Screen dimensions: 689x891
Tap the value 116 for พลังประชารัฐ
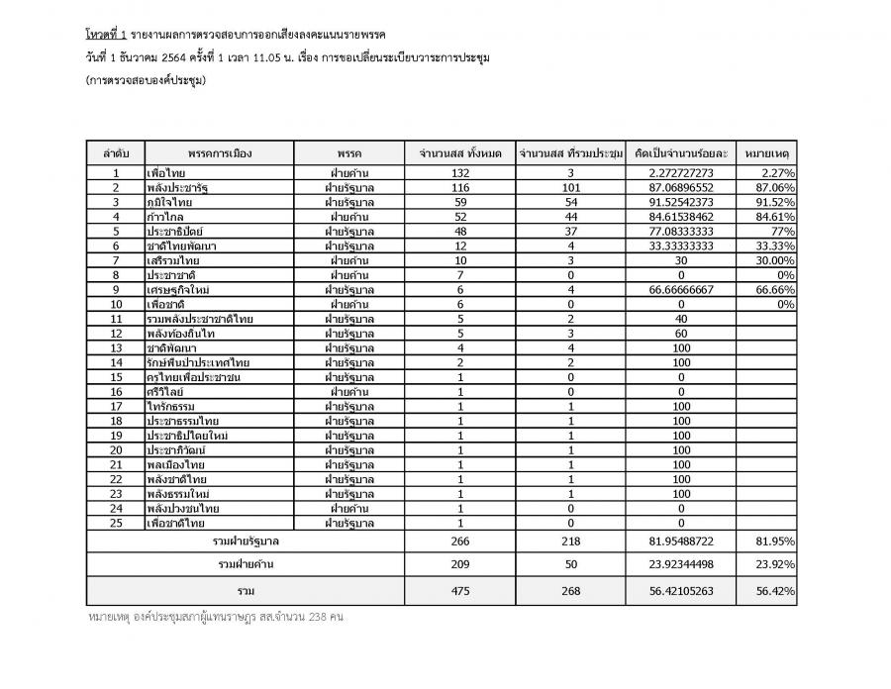(461, 187)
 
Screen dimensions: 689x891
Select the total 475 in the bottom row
(461, 591)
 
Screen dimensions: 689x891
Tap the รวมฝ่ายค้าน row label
(246, 564)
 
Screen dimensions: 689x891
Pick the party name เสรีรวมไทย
(173, 260)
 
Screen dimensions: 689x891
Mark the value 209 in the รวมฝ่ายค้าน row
(461, 564)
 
